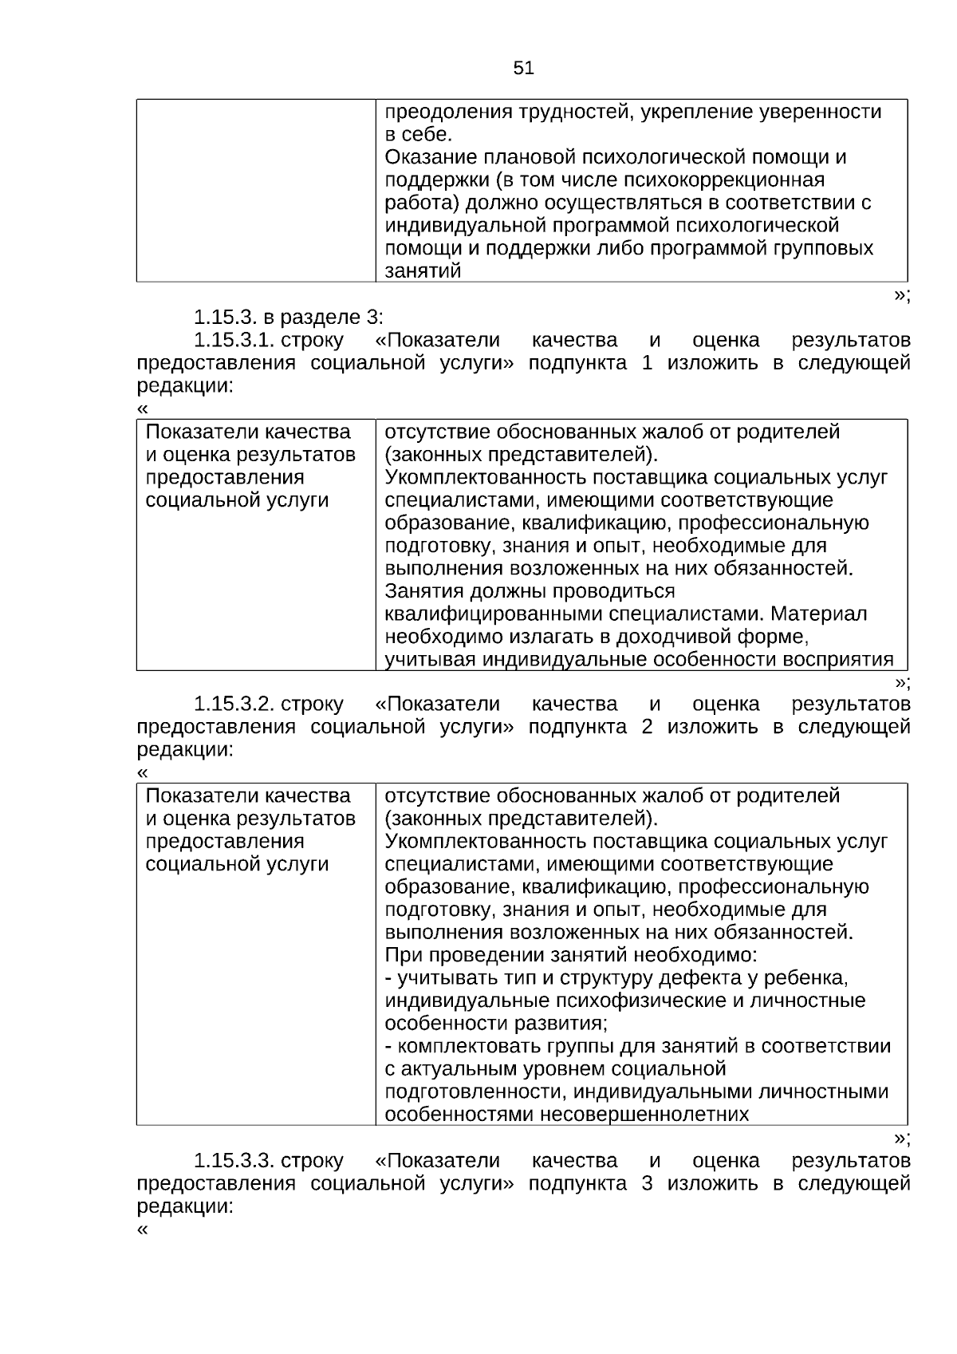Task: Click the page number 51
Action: point(523,69)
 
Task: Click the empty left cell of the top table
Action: point(255,191)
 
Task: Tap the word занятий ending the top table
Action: point(423,271)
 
